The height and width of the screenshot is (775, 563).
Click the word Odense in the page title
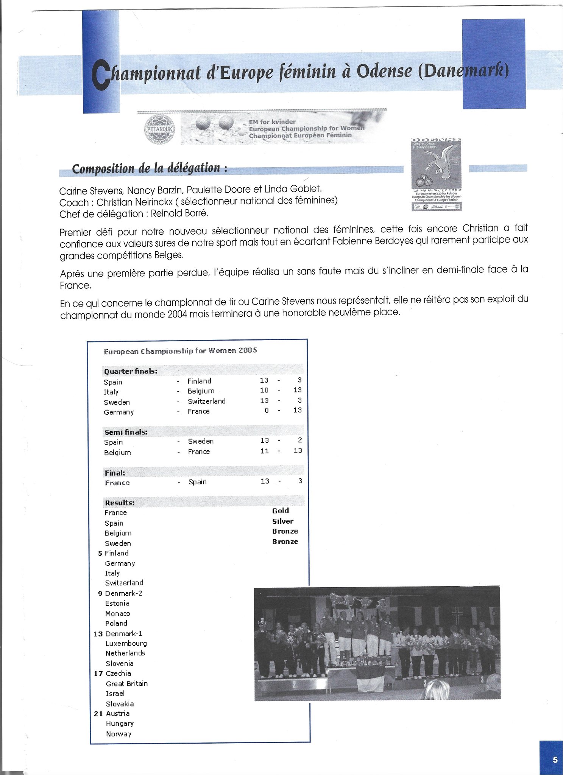384,72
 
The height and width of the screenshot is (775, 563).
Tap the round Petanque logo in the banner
159,129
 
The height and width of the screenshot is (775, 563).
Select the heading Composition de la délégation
150,168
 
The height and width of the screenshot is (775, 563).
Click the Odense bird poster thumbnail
436,174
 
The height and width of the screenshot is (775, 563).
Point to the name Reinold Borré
179,213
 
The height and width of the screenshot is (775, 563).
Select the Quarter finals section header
131,371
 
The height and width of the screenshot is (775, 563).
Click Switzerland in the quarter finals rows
206,401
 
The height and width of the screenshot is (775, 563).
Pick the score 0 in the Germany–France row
267,411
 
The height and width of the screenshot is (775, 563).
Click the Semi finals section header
126,432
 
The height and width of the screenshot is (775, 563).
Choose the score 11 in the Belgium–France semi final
264,451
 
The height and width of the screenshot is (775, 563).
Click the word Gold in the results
281,511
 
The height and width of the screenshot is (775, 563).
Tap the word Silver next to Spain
283,521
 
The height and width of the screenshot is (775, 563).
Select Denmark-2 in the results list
123,593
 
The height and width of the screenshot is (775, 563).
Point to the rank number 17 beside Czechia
98,674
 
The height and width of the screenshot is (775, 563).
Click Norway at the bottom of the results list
119,734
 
